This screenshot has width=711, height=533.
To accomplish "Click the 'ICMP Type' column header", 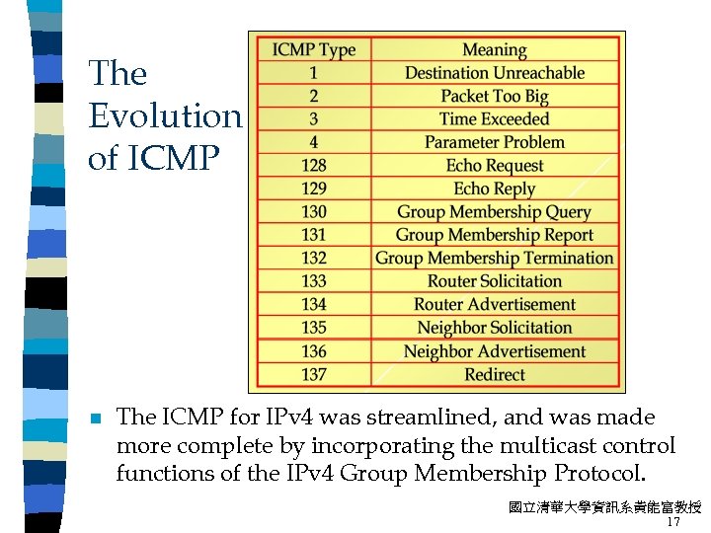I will pos(313,49).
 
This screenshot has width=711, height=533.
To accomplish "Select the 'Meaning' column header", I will pos(494,49).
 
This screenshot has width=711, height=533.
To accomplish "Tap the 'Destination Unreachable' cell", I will pos(494,73).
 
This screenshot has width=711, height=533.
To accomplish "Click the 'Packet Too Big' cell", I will pos(494,96).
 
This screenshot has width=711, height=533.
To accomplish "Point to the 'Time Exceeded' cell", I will pos(494,119).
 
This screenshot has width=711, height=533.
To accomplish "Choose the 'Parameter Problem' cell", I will pos(494,142).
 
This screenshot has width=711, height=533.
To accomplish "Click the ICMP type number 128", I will pos(313,166).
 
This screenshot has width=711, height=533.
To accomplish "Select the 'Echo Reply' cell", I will pos(494,189).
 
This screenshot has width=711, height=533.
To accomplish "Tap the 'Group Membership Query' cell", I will pos(494,212).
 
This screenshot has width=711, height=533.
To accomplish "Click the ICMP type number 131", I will pos(313,235).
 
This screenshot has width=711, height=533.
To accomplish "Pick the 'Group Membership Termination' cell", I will pos(494,259).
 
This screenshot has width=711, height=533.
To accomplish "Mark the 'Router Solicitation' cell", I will pos(494,281).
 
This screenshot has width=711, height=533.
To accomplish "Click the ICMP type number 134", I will pos(313,305).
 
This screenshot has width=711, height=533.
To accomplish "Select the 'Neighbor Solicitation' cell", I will pos(494,328).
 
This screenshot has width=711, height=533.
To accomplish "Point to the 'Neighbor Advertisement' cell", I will pos(494,351).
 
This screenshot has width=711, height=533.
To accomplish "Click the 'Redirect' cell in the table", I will pos(494,374).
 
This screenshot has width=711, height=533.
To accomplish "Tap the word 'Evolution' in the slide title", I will pos(165,116).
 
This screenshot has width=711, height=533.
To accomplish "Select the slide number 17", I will pos(673,522).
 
